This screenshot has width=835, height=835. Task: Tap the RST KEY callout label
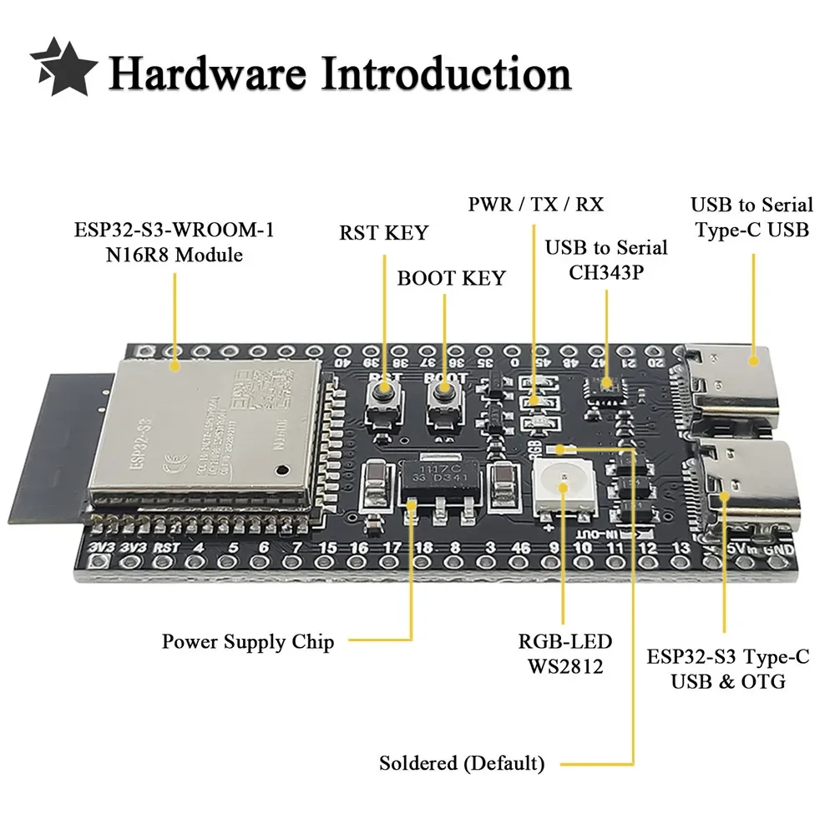(383, 233)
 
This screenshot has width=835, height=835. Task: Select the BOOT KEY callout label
(451, 278)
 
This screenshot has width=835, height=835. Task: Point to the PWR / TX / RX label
(536, 204)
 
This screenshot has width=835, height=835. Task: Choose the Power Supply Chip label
(247, 642)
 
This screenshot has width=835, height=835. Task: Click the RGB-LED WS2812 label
(564, 654)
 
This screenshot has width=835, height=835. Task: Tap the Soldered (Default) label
(462, 763)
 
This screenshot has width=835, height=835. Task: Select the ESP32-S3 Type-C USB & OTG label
(727, 669)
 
